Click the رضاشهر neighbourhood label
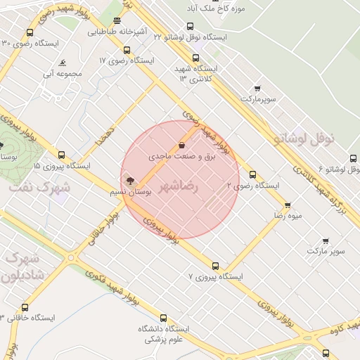coord(179,187)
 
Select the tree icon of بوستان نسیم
coord(129,181)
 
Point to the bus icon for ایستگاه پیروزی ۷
coord(215,266)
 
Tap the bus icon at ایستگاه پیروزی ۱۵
coord(62,155)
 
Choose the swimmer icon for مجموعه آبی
coord(63,62)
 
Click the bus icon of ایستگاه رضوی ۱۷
coord(127,50)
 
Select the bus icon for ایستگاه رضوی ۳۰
coord(29,33)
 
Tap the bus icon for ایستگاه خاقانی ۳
coord(25,307)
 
